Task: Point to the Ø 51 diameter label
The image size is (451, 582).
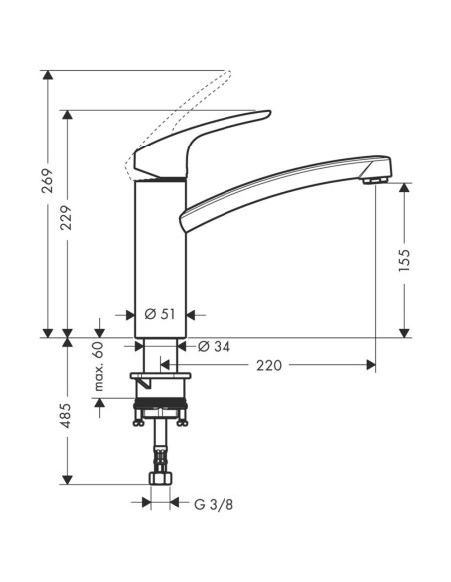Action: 160,313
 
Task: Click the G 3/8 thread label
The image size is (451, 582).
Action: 211,503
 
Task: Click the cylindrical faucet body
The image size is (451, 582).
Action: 160,249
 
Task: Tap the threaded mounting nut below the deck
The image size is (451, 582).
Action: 160,407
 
